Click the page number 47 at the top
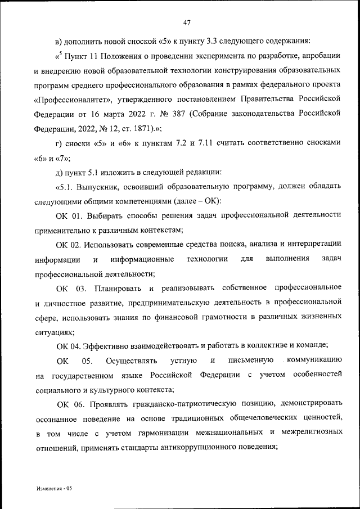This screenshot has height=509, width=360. pos(188,22)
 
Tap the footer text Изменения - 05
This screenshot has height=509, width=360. pos(52,489)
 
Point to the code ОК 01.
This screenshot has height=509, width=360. pos(69,215)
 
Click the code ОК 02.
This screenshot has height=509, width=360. pos(69,244)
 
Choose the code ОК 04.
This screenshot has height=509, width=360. pos(69,345)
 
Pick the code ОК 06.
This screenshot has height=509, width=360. pos(70,404)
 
